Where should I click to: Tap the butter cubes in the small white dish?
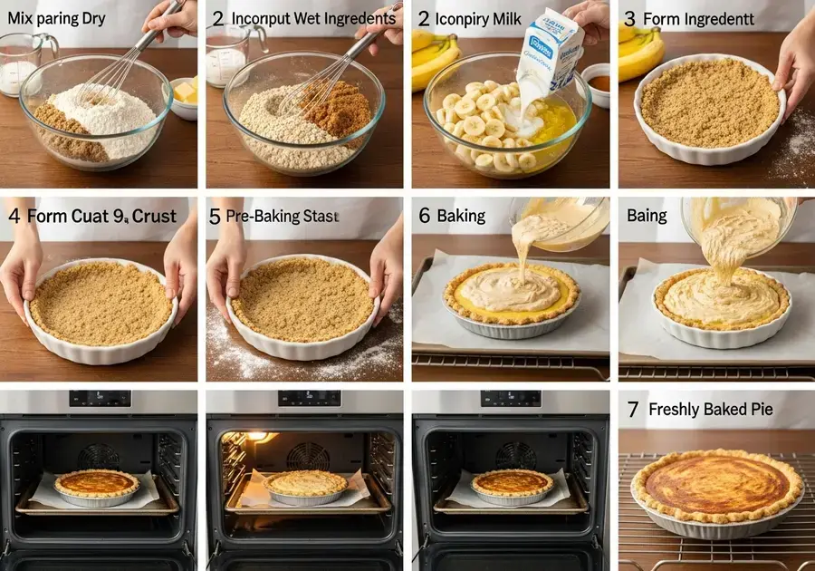coord(185,92)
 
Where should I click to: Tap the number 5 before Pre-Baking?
coord(215,216)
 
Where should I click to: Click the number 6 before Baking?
coord(424,216)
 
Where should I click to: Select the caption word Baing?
coord(647,216)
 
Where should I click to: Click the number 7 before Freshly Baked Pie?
coord(632,410)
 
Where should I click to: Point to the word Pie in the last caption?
coord(761,410)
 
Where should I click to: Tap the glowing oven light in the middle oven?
coord(258,437)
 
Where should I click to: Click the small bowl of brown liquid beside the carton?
coord(597,83)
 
